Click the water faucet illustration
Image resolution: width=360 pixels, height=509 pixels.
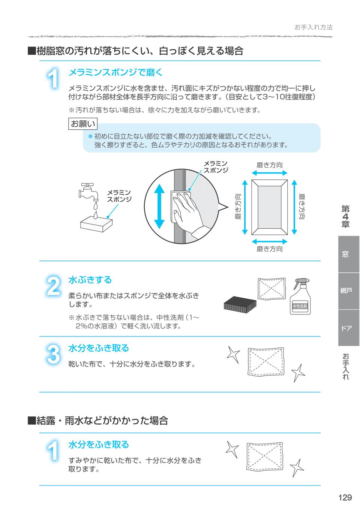point(88,192)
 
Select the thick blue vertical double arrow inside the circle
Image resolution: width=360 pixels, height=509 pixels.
point(159,206)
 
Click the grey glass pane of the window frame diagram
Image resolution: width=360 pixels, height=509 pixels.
point(269,207)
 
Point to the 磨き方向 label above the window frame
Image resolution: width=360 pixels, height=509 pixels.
point(269,165)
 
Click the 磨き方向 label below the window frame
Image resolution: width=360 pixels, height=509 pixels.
point(269,249)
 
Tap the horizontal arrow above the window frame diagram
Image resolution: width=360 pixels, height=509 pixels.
point(270,173)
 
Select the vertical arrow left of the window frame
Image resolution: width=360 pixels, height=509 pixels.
point(244,207)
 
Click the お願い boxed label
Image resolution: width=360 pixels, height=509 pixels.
point(83,124)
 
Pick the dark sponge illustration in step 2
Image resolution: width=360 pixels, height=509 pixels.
point(240,303)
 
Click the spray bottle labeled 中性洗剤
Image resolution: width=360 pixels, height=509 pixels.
point(300,296)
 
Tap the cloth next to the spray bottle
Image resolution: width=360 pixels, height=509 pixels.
point(271,288)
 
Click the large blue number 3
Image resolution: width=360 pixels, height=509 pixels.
point(53,354)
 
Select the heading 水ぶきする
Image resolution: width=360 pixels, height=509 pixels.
point(90,280)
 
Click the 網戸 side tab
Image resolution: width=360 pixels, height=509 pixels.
point(346,290)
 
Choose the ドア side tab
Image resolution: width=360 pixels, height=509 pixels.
point(346,328)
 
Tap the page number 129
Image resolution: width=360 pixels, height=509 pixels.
point(345,498)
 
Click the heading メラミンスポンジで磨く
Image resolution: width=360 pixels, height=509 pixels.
point(115,72)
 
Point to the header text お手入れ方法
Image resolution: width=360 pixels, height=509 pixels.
point(313,27)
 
